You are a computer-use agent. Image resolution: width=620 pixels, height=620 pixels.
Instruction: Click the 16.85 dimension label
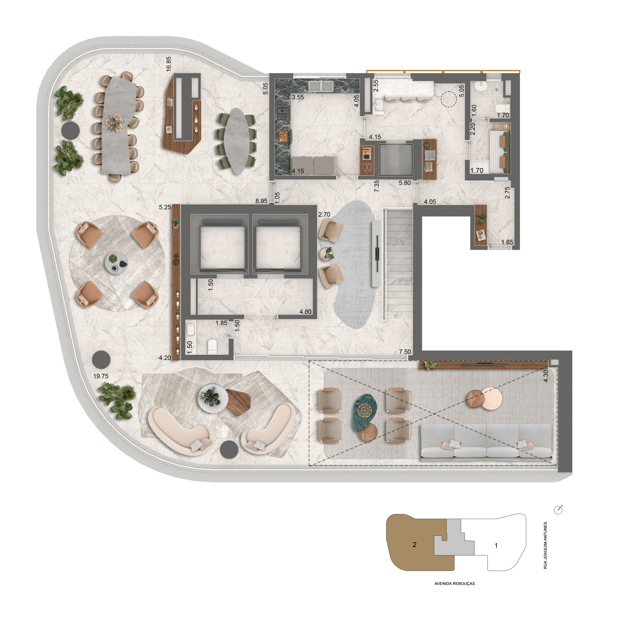click(168, 64)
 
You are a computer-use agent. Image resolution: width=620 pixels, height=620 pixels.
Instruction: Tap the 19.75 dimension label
click(101, 376)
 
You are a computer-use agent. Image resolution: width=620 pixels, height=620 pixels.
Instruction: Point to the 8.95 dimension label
click(261, 201)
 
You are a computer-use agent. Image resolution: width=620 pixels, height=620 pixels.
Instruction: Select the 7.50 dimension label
click(405, 352)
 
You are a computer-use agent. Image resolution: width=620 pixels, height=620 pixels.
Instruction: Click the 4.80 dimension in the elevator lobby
click(305, 312)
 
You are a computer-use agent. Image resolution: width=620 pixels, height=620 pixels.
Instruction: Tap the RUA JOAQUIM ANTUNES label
click(545, 545)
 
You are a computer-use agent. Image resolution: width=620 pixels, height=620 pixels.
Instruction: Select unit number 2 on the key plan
click(414, 544)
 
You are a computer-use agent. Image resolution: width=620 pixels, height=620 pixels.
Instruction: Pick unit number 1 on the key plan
click(496, 545)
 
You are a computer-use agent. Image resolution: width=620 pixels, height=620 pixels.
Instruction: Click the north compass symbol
click(558, 510)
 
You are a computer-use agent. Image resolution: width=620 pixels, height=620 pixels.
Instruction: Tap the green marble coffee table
click(365, 412)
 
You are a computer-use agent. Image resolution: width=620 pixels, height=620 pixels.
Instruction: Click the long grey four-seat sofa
click(486, 441)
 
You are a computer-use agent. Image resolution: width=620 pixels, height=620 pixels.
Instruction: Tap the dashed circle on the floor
click(448, 99)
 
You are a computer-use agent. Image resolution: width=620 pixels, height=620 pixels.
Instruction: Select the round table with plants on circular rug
click(116, 263)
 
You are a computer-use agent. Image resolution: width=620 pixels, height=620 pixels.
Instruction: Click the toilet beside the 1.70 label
click(502, 108)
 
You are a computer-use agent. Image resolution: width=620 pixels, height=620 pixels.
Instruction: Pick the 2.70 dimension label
click(324, 214)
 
